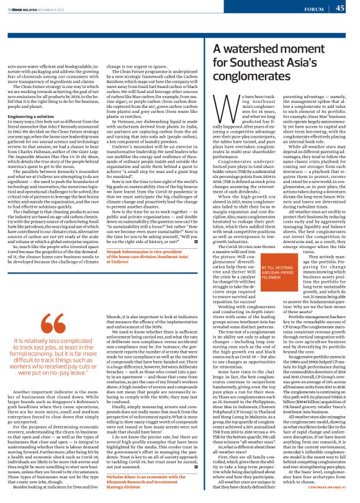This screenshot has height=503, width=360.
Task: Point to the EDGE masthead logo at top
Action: [22, 7]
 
